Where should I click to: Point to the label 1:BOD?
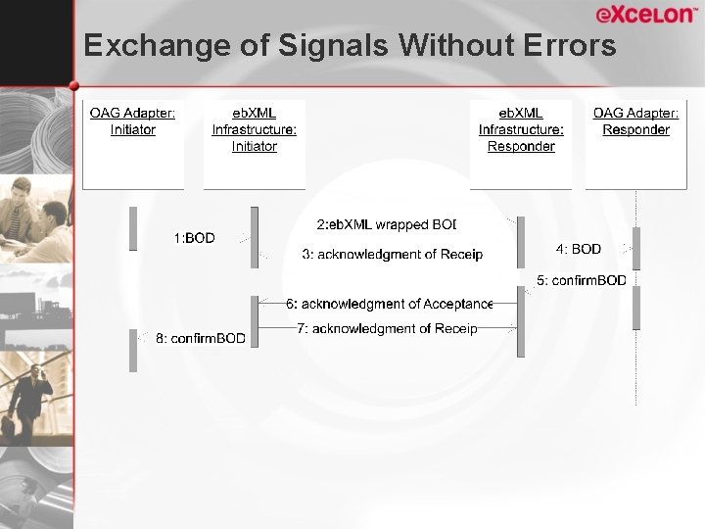pyautogui.click(x=194, y=238)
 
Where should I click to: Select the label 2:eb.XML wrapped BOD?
pyautogui.click(x=386, y=225)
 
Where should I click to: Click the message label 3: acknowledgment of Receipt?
pyautogui.click(x=392, y=255)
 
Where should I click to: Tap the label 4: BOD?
pyautogui.click(x=579, y=250)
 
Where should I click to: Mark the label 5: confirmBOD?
pyautogui.click(x=581, y=281)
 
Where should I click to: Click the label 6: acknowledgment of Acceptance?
pyautogui.click(x=389, y=305)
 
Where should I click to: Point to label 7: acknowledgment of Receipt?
pyautogui.click(x=387, y=328)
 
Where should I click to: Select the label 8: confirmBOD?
pyautogui.click(x=201, y=339)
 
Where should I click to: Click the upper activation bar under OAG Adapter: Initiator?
pyautogui.click(x=133, y=228)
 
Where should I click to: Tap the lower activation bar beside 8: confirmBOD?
pyautogui.click(x=133, y=350)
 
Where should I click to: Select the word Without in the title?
pyautogui.click(x=447, y=45)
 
